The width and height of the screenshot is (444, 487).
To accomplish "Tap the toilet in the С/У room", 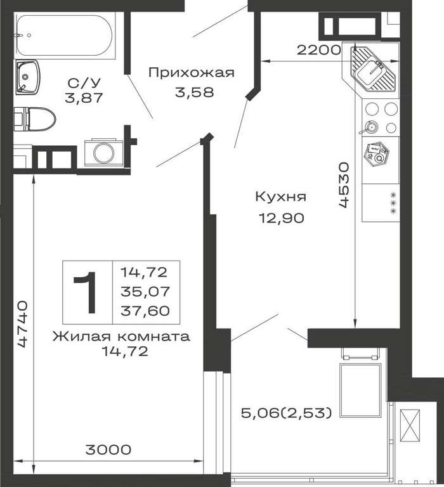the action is [x=35, y=119].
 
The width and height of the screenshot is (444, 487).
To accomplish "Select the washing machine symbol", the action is [x=104, y=152].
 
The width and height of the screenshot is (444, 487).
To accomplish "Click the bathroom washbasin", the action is [x=28, y=77].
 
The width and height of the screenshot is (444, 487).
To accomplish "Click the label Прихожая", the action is [x=191, y=74].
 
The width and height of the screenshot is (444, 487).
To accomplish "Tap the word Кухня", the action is [x=281, y=197].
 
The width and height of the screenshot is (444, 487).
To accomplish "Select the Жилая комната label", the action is [x=121, y=336].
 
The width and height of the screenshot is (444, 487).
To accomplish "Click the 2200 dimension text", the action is [x=319, y=49].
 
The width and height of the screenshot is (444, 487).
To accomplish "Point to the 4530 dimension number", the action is [x=344, y=185].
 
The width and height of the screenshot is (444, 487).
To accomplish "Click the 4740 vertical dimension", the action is [x=23, y=323].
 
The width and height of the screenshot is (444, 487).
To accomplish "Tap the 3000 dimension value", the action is [x=108, y=450].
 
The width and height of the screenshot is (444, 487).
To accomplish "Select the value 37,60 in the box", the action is [x=145, y=311].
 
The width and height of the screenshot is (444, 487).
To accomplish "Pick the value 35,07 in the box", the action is [x=145, y=292].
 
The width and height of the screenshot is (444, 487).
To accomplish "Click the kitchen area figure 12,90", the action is [x=282, y=218].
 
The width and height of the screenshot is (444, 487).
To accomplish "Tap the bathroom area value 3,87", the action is [x=84, y=98].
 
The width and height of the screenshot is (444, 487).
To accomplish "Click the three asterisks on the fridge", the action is [x=394, y=203].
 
